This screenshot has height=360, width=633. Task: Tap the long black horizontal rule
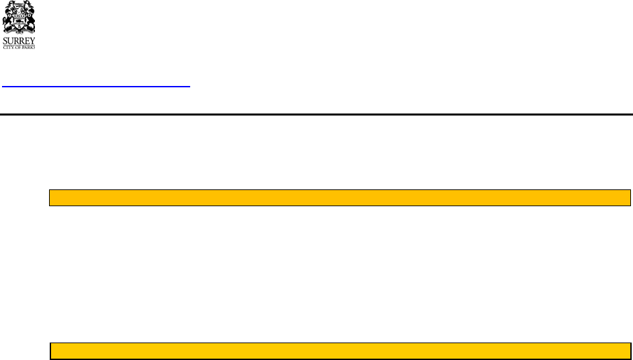316,114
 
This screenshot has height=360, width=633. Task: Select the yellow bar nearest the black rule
340,197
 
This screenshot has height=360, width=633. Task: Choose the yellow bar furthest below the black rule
340,350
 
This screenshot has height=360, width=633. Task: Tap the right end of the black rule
631,114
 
